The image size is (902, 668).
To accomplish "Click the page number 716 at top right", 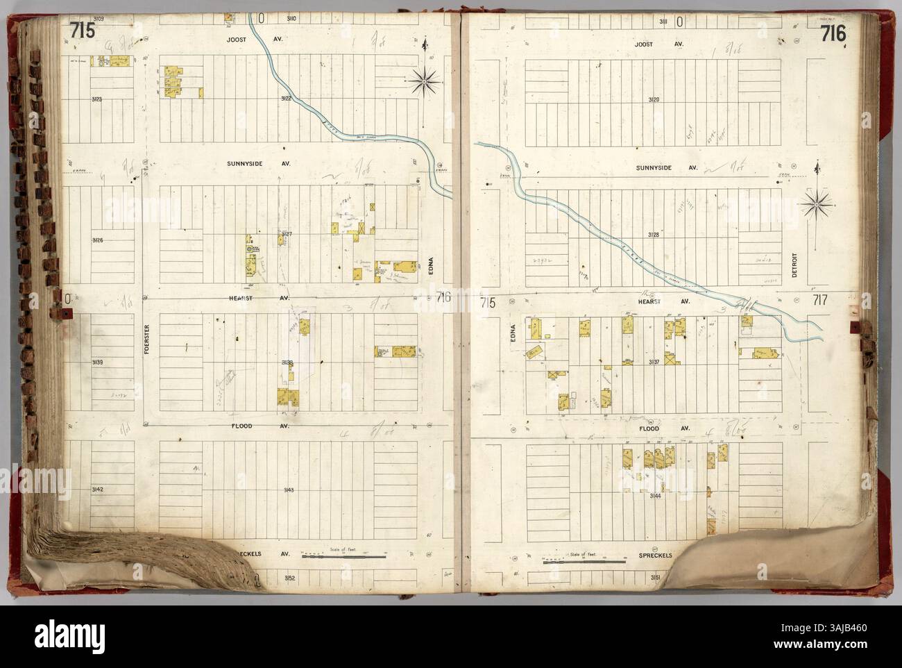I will (831, 33).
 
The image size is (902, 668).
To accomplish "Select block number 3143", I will (289, 490).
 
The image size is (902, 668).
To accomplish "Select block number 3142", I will (97, 490).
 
